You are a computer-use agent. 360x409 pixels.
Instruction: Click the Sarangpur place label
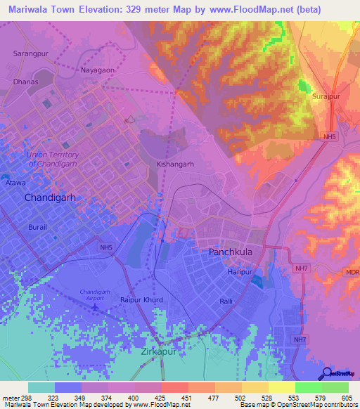pos(30,53)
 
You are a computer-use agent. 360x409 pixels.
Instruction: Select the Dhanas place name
pos(26,82)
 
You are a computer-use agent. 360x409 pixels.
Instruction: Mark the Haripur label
pos(239,271)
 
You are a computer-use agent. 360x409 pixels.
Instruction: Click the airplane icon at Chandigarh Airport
pos(96,307)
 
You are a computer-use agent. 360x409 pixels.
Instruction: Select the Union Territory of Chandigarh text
pos(53,159)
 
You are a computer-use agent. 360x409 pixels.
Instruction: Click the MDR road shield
pos(352,272)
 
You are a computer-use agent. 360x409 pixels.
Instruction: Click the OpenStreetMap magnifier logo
pos(327,373)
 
